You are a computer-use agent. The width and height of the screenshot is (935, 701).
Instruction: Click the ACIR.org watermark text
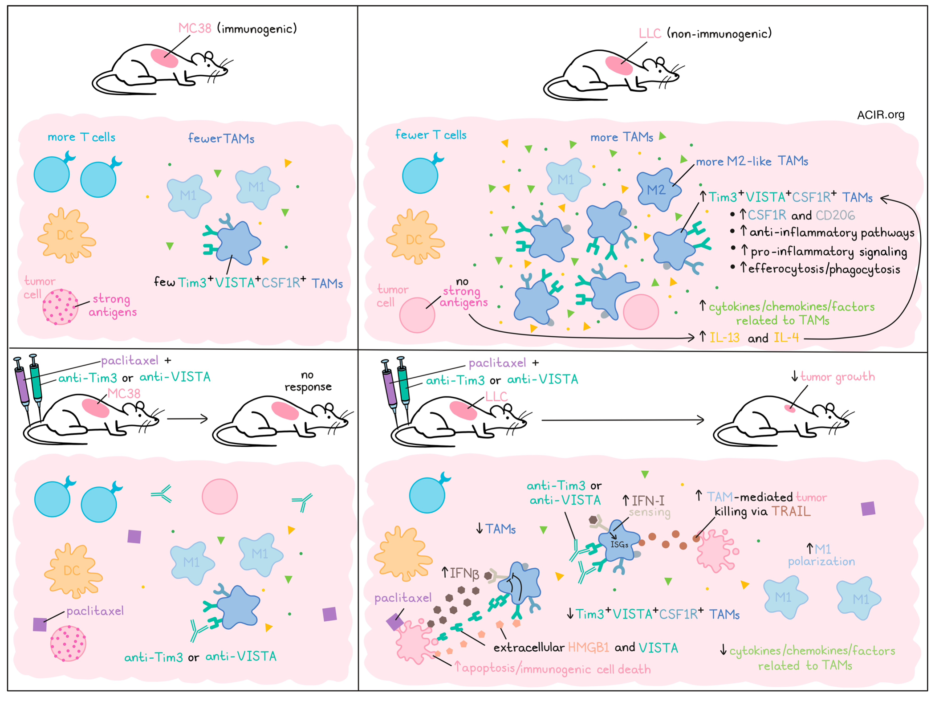coord(880,115)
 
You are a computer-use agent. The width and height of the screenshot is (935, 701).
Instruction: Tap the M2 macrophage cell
coord(658,189)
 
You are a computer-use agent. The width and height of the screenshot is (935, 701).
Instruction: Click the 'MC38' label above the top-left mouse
coord(195,28)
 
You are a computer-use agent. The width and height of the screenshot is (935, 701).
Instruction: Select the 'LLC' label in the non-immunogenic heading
coord(650,33)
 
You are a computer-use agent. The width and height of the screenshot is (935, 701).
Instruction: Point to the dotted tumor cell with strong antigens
coord(60,306)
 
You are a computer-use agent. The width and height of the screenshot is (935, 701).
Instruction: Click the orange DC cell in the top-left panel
coord(66,235)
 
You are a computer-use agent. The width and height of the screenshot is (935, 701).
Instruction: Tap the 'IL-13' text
coord(724,338)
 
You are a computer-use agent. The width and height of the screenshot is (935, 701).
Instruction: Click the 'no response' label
coord(308,381)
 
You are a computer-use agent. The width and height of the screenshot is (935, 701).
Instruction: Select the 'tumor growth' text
coord(837,377)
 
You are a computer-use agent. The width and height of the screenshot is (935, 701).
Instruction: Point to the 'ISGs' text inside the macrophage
coord(619,544)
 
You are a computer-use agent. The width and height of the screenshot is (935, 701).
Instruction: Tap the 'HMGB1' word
coord(588,647)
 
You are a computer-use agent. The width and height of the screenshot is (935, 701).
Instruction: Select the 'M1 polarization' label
coord(821,555)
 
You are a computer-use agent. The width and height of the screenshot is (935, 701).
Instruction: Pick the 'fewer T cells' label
coord(431,134)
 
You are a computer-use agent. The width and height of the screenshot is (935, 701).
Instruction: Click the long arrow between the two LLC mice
coord(622,420)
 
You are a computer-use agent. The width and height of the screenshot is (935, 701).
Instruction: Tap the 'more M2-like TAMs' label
coord(752,161)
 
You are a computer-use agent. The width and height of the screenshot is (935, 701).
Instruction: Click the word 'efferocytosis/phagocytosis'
coord(824,269)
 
